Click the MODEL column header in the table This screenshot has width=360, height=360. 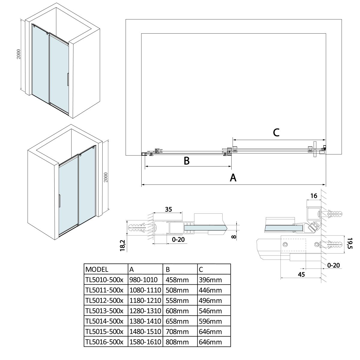(97, 269)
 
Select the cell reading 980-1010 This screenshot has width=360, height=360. (143, 280)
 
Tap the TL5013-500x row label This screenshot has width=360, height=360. (104, 311)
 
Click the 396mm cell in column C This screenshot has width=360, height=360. (210, 280)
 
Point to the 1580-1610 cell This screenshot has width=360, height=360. (145, 342)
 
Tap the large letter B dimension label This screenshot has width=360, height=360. (187, 161)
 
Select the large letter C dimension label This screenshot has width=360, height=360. (276, 132)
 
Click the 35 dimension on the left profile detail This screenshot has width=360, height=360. (169, 209)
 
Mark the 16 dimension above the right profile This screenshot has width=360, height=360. (313, 196)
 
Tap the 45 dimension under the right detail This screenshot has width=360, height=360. (301, 274)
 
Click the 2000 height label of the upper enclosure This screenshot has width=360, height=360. (19, 54)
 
